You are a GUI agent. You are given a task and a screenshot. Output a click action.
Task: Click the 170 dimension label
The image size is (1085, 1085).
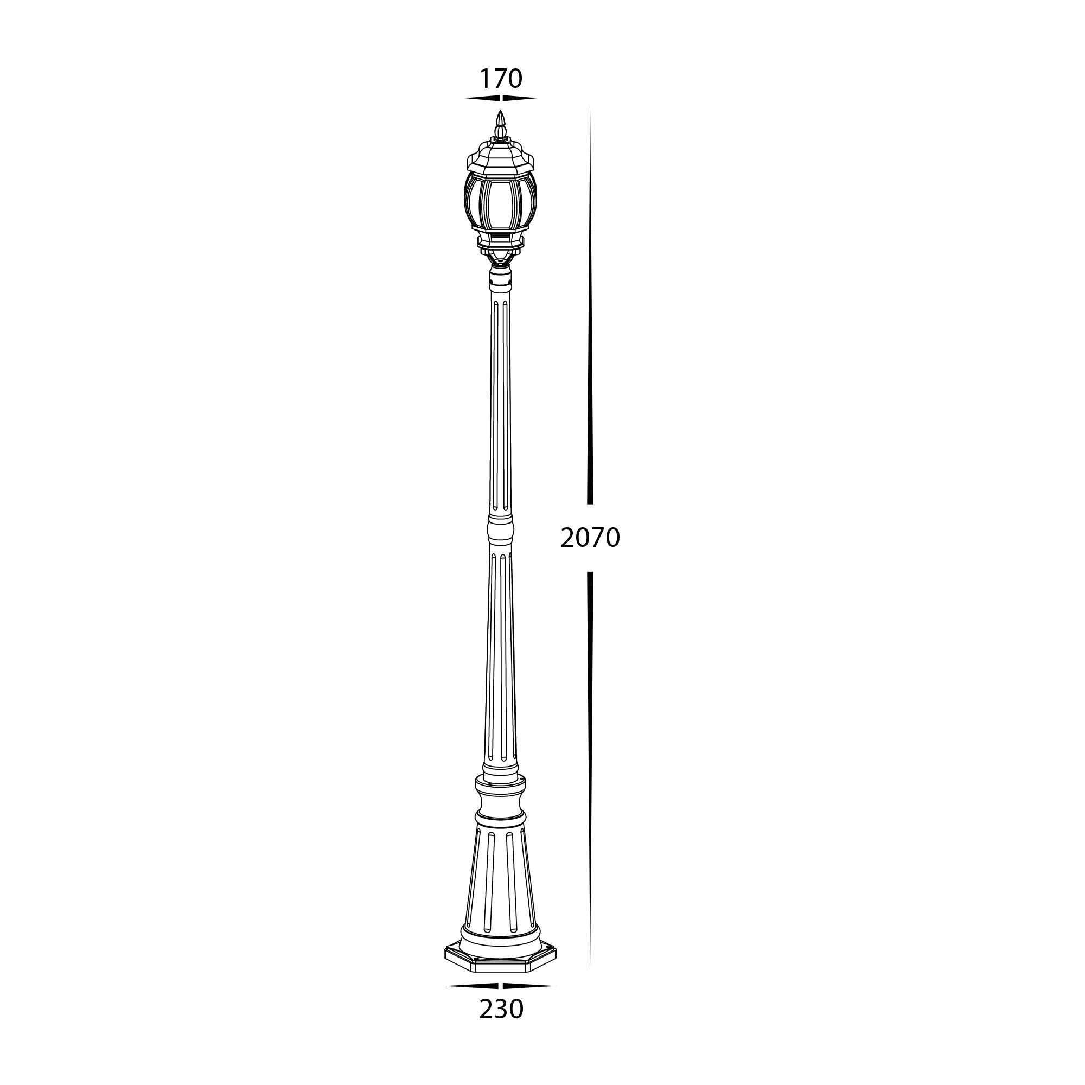(500, 79)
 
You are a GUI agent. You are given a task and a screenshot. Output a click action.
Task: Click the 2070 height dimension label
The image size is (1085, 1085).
(590, 538)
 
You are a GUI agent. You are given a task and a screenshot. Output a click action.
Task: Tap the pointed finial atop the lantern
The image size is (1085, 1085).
(500, 124)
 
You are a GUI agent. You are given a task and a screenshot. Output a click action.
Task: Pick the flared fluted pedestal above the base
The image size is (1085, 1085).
(500, 888)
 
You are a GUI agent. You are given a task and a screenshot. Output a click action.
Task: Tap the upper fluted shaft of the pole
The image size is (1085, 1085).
(500, 404)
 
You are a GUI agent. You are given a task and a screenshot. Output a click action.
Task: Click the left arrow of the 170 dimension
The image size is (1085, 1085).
(482, 99)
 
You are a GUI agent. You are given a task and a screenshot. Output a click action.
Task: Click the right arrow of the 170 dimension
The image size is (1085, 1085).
(520, 99)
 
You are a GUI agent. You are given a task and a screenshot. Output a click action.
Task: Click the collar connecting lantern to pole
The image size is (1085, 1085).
(500, 278)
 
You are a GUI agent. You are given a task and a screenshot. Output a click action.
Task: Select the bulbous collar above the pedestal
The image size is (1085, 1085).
(501, 800)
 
